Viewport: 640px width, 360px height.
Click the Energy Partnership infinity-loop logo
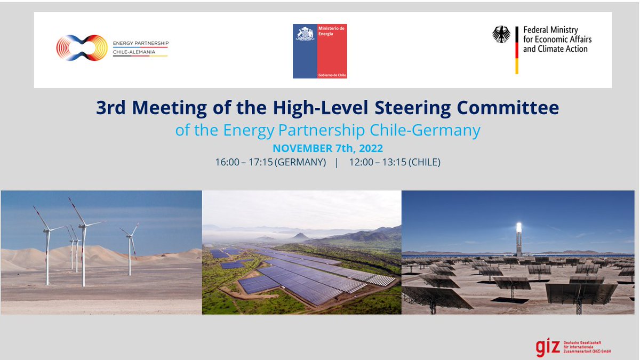(x=82, y=47)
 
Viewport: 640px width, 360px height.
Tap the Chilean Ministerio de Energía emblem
(x=305, y=35)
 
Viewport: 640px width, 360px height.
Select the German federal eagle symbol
(x=501, y=35)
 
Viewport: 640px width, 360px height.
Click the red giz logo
(x=548, y=347)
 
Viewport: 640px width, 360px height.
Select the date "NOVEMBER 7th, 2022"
(x=327, y=148)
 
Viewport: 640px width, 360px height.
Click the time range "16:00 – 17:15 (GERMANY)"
(x=270, y=162)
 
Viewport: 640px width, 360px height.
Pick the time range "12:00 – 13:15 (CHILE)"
(x=395, y=162)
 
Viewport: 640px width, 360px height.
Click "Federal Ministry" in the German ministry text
(x=550, y=30)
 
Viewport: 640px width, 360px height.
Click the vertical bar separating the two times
(x=337, y=162)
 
